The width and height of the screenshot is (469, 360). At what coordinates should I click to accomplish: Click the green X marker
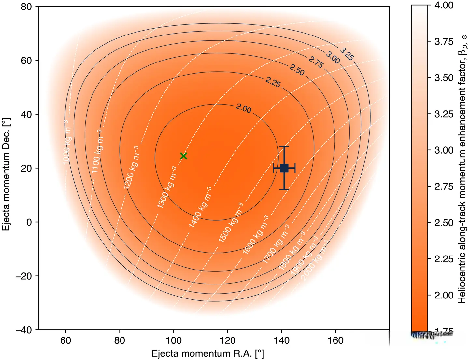(x=184, y=156)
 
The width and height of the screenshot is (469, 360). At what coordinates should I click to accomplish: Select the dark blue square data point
(x=284, y=168)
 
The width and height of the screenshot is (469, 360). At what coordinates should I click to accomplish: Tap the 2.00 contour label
(x=244, y=108)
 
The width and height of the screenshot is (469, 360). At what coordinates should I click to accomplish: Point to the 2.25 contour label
(x=273, y=82)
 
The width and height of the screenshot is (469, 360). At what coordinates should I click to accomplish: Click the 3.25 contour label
(x=347, y=54)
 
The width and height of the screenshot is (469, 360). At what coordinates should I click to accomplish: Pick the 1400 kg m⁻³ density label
(x=200, y=207)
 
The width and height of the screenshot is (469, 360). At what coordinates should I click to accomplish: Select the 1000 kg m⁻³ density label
(x=66, y=142)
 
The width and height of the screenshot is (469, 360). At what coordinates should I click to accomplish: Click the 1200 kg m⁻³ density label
(x=131, y=167)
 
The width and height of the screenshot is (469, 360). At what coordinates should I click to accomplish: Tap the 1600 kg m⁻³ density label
(x=256, y=234)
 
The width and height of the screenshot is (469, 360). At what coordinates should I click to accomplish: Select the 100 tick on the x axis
(x=174, y=340)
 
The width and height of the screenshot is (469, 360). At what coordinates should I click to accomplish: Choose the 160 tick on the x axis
(x=335, y=340)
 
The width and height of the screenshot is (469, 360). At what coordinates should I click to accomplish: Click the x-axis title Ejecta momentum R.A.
(x=207, y=353)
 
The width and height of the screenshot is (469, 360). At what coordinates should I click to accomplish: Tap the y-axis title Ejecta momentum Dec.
(x=7, y=174)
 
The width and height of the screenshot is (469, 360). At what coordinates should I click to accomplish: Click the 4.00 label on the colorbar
(x=444, y=5)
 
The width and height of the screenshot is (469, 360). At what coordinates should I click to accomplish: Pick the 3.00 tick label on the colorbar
(x=444, y=150)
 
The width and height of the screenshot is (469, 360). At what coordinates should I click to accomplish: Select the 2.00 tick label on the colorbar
(x=444, y=295)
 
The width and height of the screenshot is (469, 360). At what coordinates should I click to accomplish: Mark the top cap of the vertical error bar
(x=284, y=147)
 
